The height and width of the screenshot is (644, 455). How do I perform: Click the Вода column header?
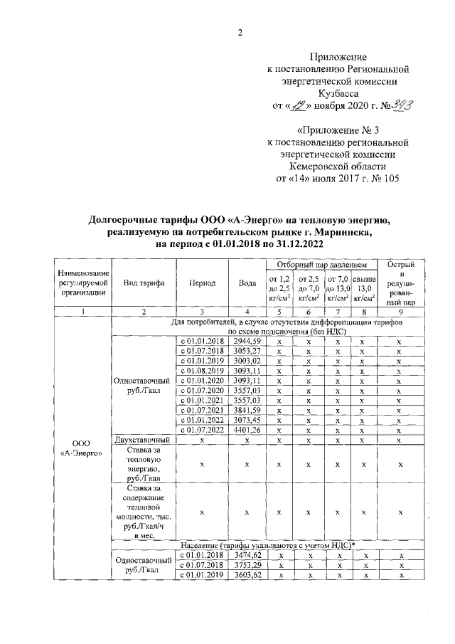[247, 283]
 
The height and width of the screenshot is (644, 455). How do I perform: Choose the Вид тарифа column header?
[144, 283]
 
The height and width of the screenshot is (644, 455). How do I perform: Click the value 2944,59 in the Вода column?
[247, 342]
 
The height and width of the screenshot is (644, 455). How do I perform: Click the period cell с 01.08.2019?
[203, 371]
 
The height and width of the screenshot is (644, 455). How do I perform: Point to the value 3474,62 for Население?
[247, 554]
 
